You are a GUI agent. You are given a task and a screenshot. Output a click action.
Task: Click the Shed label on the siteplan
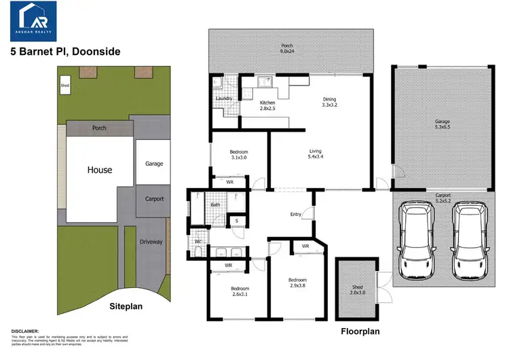pyautogui.click(x=65, y=86)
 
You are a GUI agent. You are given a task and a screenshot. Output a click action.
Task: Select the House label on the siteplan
pyautogui.click(x=99, y=170)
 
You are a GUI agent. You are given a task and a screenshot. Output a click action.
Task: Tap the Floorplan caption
pyautogui.click(x=360, y=332)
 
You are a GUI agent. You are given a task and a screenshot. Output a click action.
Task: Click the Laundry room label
pyautogui.click(x=224, y=99)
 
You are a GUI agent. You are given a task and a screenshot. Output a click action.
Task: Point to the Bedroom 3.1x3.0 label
pyautogui.click(x=238, y=154)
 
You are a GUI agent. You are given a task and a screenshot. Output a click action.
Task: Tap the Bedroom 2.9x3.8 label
pyautogui.click(x=297, y=283)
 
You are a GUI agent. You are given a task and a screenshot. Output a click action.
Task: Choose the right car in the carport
pyautogui.click(x=468, y=241)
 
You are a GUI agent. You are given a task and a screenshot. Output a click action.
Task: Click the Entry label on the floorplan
pyautogui.click(x=296, y=215)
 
